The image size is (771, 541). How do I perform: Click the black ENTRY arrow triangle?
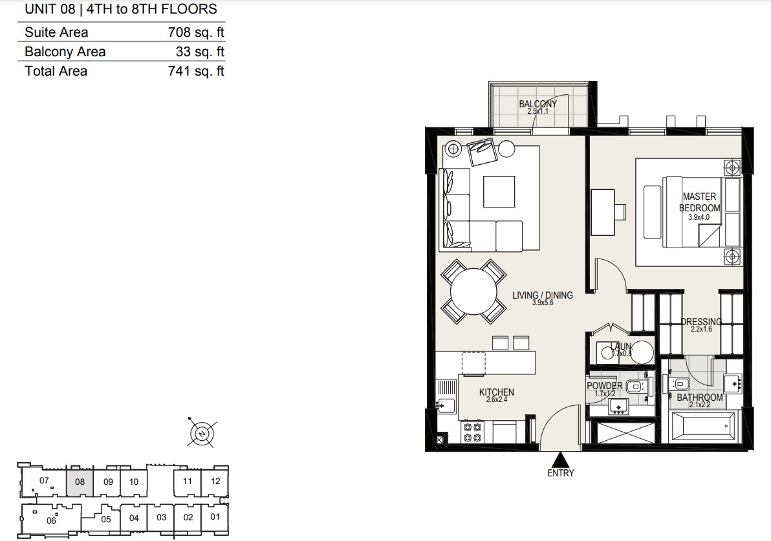tap(560, 460)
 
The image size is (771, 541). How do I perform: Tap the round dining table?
tap(473, 292)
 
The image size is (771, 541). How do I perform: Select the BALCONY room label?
tap(538, 103)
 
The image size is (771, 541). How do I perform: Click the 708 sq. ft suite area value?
tap(196, 32)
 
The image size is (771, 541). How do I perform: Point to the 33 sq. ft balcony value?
tap(200, 52)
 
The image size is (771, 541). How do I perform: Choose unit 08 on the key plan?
tap(80, 482)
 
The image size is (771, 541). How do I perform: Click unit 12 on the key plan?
tap(215, 482)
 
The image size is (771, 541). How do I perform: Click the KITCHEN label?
tap(496, 392)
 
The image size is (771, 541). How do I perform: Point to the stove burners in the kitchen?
tap(473, 432)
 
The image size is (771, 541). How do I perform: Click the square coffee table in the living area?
tap(499, 191)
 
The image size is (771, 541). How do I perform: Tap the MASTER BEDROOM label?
tap(699, 202)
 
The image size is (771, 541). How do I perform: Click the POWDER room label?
tap(605, 386)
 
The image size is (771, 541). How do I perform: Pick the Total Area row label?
tap(56, 71)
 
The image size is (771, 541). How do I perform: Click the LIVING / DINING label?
tap(543, 295)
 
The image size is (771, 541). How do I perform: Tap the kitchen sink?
tap(446, 405)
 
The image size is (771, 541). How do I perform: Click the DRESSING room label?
tap(701, 322)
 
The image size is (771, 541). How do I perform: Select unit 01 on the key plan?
tap(215, 517)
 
